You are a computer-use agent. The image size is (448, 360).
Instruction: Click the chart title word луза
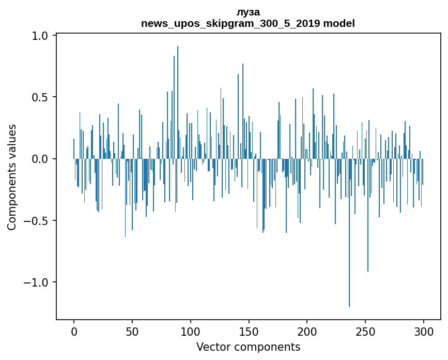tap(248, 12)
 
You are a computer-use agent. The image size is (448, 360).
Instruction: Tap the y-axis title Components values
tap(12, 177)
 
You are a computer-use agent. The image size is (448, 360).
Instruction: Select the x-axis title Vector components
tap(248, 347)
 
